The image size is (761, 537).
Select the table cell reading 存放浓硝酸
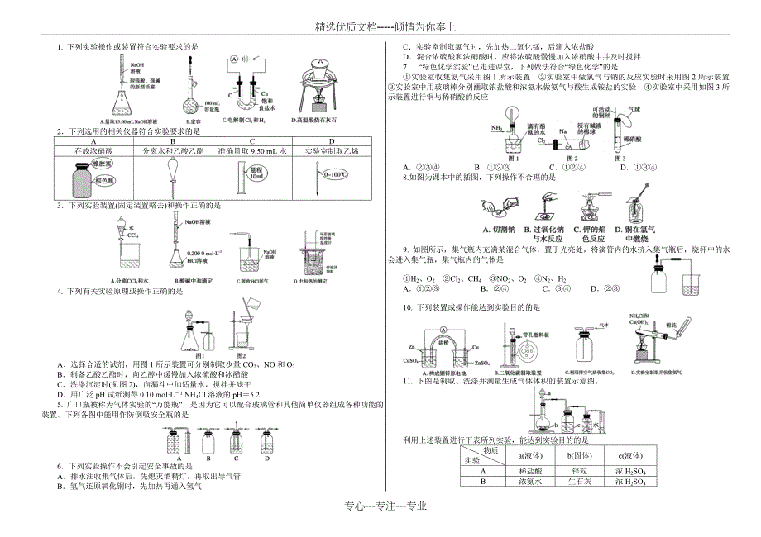point(93,151)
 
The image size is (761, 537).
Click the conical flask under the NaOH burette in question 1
point(124,103)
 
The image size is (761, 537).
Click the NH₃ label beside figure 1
point(496,128)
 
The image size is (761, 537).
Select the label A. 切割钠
point(500,228)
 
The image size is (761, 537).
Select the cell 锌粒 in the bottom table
point(570,471)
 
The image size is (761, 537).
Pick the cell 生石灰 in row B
point(570,482)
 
